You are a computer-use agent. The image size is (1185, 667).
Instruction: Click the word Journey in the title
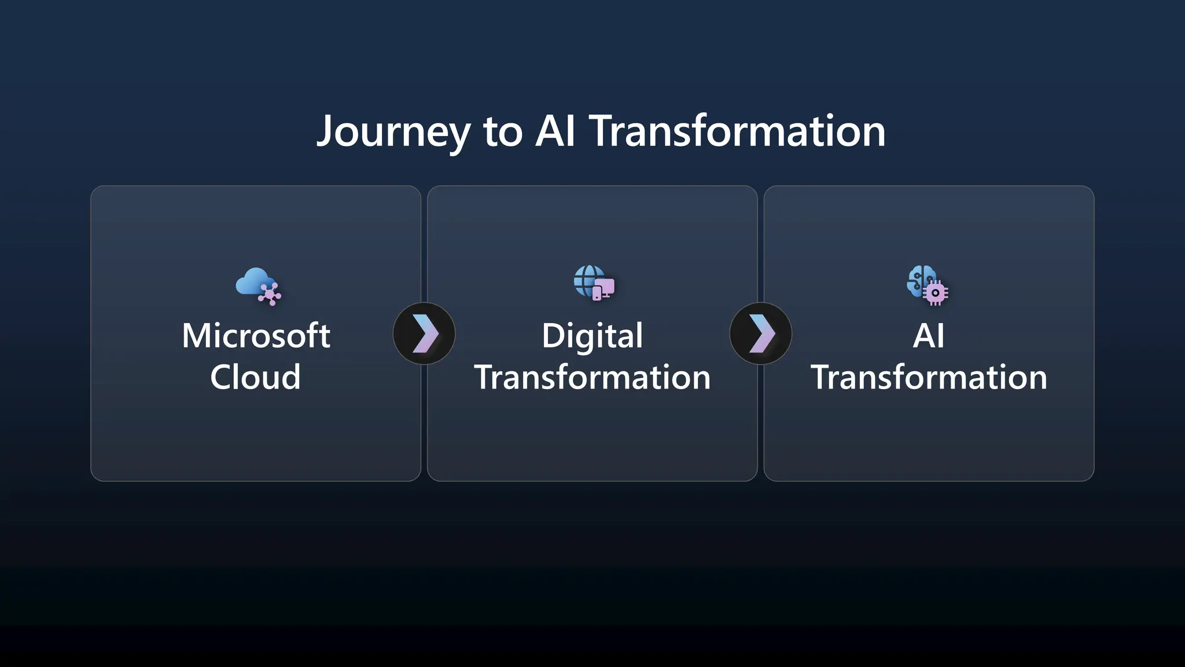coord(393,132)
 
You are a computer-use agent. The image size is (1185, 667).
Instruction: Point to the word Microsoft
coord(256,336)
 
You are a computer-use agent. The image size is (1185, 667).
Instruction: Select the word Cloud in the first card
coord(255,378)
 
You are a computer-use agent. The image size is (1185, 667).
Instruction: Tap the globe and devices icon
coord(594,283)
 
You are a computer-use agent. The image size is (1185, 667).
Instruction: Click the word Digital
coord(592,336)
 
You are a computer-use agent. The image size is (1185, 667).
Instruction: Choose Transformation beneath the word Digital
coord(592,378)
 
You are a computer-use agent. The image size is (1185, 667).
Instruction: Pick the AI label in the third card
coord(928,336)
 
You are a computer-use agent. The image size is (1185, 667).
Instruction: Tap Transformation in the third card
coord(928,378)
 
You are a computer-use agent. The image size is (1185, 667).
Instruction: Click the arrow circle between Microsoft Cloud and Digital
coord(424,333)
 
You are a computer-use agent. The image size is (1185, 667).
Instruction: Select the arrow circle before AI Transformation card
coord(760,333)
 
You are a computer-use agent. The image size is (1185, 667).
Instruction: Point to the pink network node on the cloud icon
coord(269,294)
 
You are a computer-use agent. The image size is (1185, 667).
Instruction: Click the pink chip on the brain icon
coord(935,293)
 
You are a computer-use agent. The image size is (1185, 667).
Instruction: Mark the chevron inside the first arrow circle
coord(425,333)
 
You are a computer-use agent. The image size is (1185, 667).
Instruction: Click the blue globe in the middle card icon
coord(586,278)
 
